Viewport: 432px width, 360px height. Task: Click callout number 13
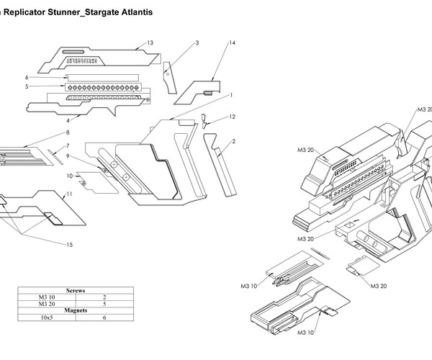pos(150,44)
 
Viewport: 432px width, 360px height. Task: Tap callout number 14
pos(232,44)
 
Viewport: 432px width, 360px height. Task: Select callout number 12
pos(232,117)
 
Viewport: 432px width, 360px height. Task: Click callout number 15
pos(70,246)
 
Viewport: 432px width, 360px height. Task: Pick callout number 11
pos(70,194)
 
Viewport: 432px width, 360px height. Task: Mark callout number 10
pos(70,175)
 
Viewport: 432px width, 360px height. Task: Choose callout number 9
pos(68,156)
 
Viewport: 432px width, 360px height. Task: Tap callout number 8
pos(67,133)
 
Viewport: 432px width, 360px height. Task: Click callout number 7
pos(67,146)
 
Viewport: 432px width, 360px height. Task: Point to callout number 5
pos(26,86)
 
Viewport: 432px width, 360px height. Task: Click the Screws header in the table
pos(75,290)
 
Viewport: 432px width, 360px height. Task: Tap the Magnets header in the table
pos(75,310)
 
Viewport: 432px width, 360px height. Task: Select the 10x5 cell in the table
pos(46,317)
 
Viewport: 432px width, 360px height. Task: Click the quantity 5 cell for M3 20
pos(104,303)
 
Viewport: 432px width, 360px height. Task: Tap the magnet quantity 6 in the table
pos(104,317)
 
